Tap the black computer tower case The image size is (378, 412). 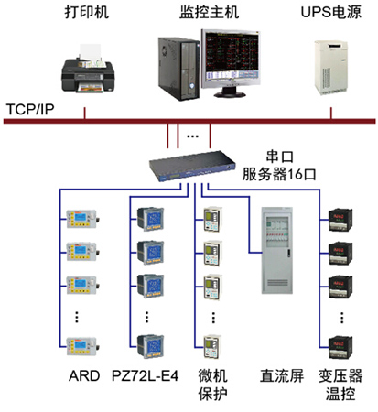[x=175, y=64]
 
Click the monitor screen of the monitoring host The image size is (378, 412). [x=233, y=57]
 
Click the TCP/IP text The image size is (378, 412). [x=29, y=107]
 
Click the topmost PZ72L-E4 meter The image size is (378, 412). [x=148, y=220]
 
